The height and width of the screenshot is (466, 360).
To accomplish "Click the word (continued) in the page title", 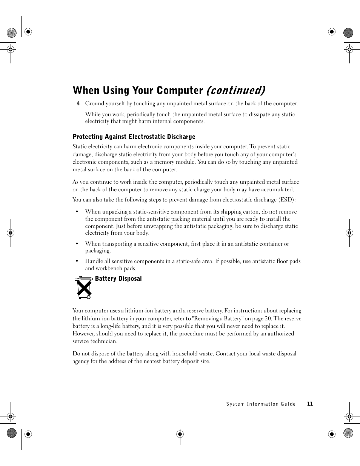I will (x=235, y=91).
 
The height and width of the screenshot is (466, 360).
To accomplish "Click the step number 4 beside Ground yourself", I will (x=78, y=104).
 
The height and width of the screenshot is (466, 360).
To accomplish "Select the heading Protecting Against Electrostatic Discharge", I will (x=134, y=137).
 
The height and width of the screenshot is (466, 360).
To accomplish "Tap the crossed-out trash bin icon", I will (x=83, y=288).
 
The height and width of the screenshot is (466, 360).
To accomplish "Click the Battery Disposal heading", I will (x=118, y=278).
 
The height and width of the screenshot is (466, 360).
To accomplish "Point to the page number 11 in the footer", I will (x=310, y=404).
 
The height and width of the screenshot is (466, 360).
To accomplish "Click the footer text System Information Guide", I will (x=261, y=404).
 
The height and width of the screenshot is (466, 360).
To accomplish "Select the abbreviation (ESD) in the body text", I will (x=287, y=200).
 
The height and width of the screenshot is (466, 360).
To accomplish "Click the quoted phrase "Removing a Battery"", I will (x=218, y=318).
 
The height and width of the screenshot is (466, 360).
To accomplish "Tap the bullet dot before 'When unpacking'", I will (x=77, y=212).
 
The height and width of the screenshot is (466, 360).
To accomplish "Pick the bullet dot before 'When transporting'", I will (x=77, y=244).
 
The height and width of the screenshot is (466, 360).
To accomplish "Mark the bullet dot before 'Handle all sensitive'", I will (x=77, y=261).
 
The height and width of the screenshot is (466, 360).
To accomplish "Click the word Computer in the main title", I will (x=180, y=91).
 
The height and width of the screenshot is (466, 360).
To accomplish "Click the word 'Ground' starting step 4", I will (x=95, y=103).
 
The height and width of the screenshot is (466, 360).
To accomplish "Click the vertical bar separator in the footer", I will (x=301, y=404).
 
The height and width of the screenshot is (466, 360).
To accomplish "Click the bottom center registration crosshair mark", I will (x=180, y=434).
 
